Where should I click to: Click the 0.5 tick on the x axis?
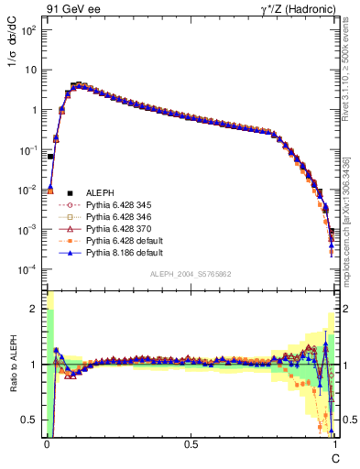(191, 445)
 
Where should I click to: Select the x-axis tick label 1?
(334, 445)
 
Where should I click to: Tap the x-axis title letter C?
(334, 457)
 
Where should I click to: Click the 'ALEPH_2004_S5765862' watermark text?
(191, 274)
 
